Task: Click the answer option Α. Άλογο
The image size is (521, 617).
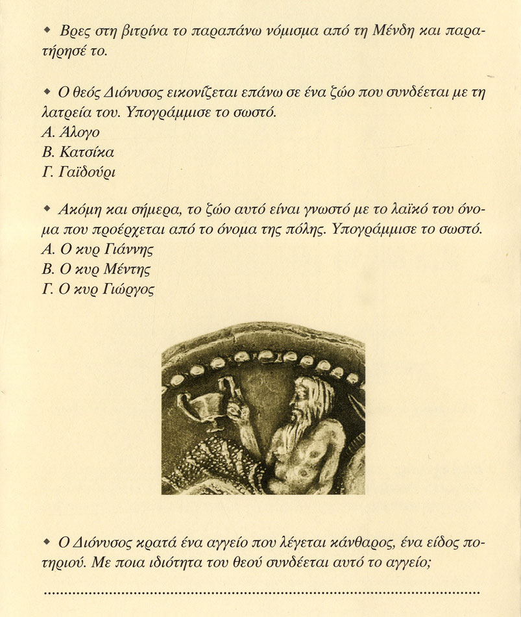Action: pos(71,133)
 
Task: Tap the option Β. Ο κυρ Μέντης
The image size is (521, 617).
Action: pos(100,269)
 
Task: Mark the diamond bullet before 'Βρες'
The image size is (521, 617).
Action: pos(46,31)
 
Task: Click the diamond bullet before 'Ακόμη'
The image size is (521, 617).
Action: pos(46,208)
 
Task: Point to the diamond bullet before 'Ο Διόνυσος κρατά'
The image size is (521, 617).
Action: pos(46,540)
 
